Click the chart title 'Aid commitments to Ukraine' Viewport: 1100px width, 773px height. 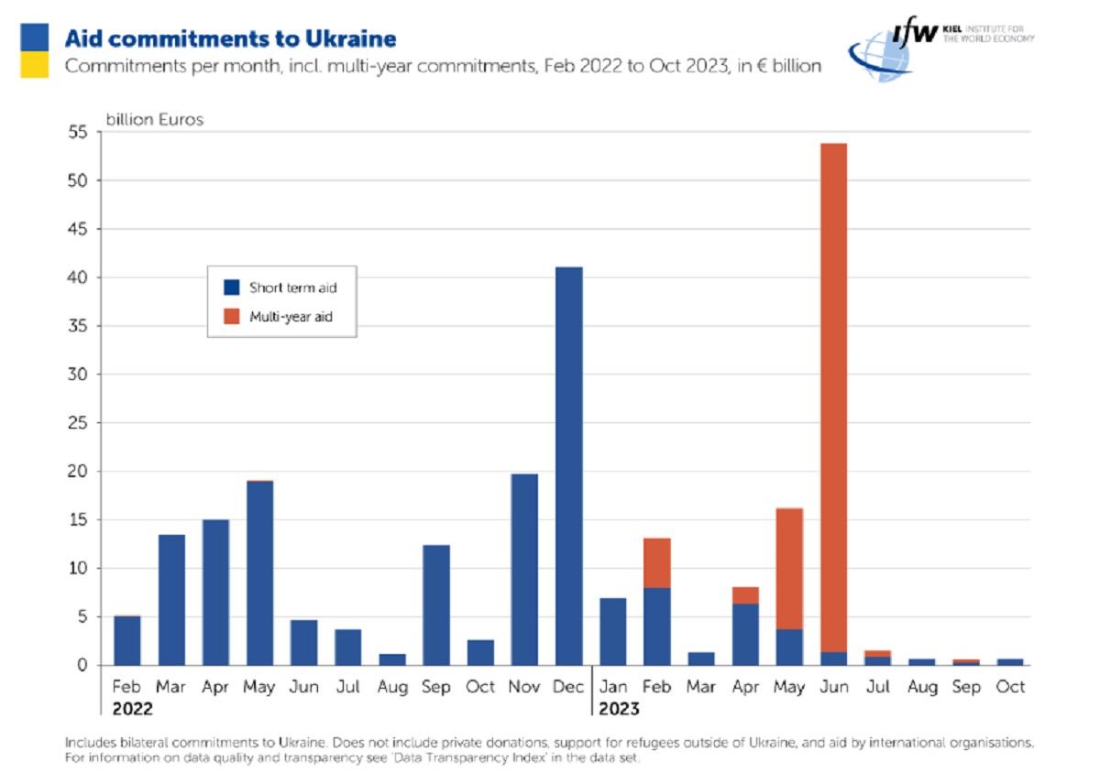230,38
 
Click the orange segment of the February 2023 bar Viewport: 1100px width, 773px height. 656,562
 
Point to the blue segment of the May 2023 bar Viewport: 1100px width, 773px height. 788,647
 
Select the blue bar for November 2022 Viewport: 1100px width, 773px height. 523,569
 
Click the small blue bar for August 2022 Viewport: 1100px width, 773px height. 391,659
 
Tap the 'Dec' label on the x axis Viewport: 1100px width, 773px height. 567,686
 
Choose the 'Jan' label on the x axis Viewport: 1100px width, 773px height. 612,686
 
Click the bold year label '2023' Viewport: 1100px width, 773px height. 619,709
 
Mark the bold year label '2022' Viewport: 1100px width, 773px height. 132,709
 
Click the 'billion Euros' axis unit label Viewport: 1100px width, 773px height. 154,120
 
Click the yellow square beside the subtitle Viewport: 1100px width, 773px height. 35,64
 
